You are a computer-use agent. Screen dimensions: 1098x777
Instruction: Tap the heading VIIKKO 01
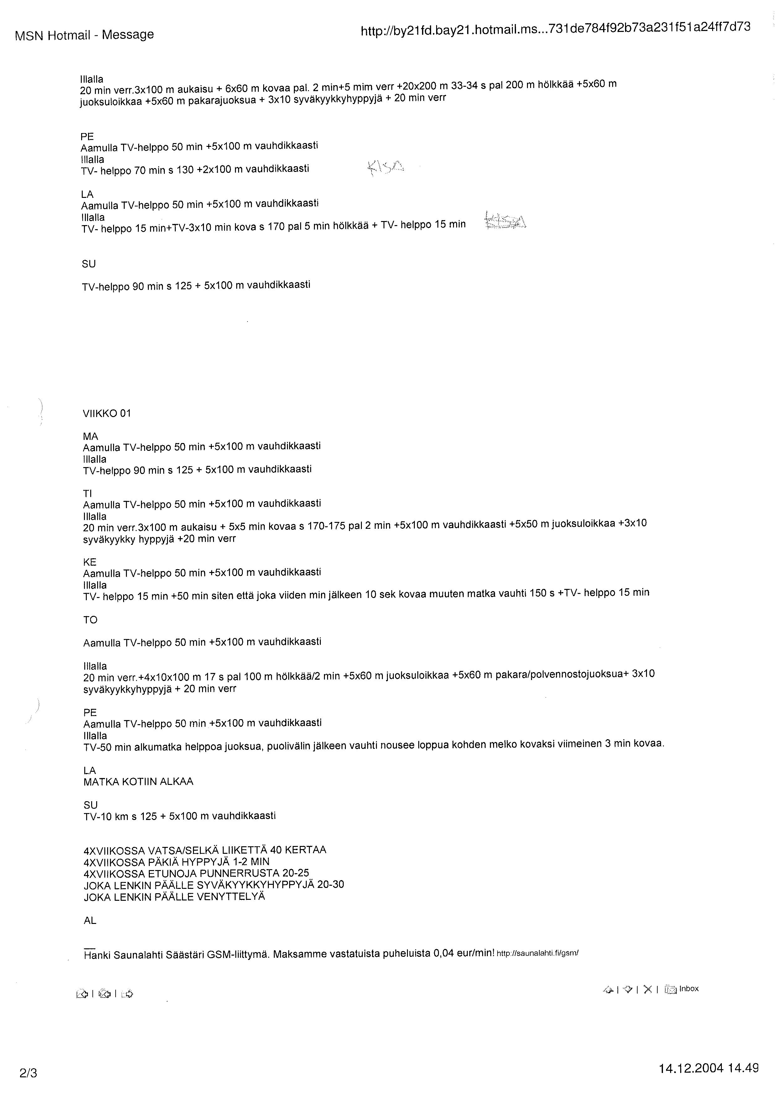[107, 413]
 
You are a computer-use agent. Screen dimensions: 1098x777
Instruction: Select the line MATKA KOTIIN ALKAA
[138, 781]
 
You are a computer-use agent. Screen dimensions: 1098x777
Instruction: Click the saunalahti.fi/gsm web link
[538, 953]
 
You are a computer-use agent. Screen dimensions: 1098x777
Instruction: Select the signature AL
[90, 920]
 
